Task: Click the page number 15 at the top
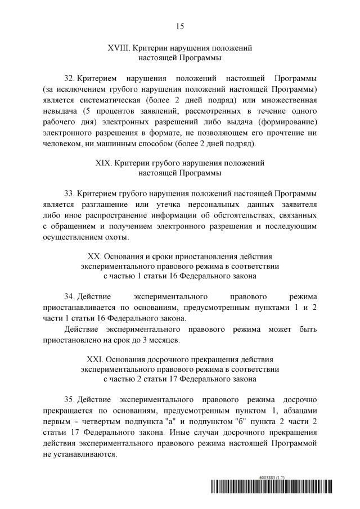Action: coord(180,26)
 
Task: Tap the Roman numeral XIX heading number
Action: coord(105,163)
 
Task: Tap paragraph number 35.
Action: coord(70,400)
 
